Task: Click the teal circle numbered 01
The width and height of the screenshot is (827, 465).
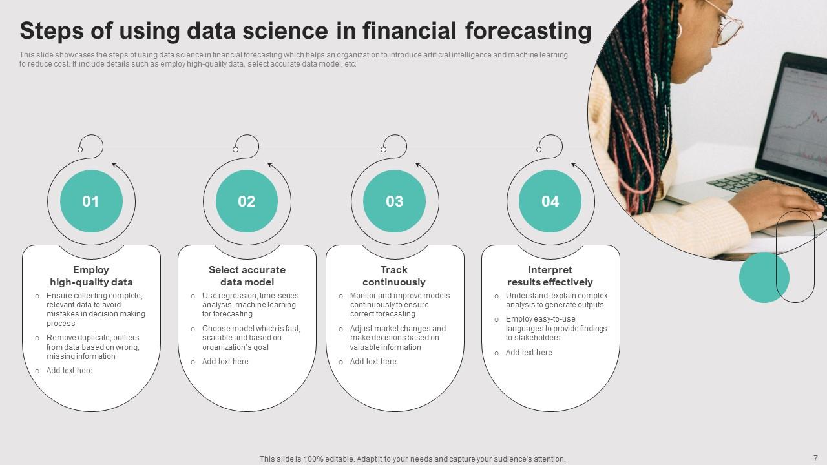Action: pyautogui.click(x=91, y=201)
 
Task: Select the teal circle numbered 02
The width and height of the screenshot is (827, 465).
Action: pyautogui.click(x=247, y=201)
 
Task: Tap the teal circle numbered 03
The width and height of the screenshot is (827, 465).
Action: pyautogui.click(x=394, y=201)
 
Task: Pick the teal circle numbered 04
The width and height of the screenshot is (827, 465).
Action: pyautogui.click(x=550, y=201)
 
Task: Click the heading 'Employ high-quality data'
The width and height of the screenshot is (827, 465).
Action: pyautogui.click(x=91, y=276)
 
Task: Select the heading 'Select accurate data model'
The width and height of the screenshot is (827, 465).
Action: pyautogui.click(x=247, y=276)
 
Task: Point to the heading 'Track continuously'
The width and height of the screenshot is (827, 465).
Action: pyautogui.click(x=394, y=276)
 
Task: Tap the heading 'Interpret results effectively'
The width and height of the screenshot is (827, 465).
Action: pyautogui.click(x=550, y=276)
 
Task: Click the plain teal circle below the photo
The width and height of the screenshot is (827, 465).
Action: pyautogui.click(x=764, y=277)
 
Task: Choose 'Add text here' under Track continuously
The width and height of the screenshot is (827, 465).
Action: pyautogui.click(x=373, y=362)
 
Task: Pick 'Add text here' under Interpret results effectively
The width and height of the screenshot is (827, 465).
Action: pyautogui.click(x=529, y=353)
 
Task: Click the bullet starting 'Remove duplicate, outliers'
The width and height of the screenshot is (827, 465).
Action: pyautogui.click(x=92, y=347)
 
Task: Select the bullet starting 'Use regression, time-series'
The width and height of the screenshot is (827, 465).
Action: pyautogui.click(x=250, y=305)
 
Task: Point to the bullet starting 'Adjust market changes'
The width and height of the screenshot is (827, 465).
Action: pyautogui.click(x=397, y=338)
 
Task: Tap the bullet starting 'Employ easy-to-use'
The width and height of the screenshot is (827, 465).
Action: pyautogui.click(x=556, y=328)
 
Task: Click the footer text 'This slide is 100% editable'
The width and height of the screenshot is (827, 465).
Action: pyautogui.click(x=412, y=459)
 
